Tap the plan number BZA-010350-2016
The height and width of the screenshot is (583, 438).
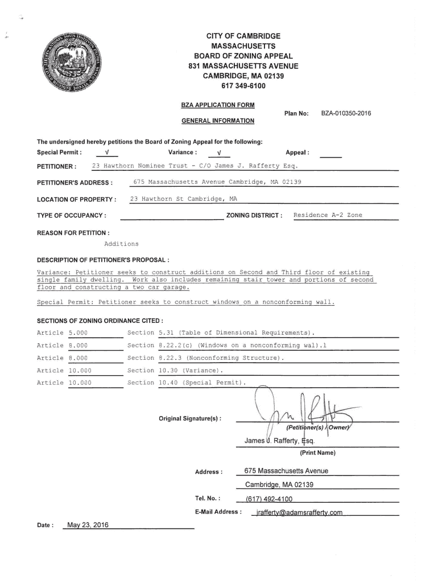tap(346, 113)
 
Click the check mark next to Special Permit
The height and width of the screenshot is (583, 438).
tap(107, 153)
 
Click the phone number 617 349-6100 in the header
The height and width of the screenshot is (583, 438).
tap(243, 86)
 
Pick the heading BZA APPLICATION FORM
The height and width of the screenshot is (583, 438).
tap(218, 105)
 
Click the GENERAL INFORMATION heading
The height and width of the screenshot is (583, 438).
tap(218, 121)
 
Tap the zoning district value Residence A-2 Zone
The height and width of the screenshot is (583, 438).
tap(328, 215)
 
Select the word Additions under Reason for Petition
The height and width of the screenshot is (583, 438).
tap(121, 244)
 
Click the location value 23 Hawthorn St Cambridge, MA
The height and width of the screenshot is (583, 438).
tap(184, 199)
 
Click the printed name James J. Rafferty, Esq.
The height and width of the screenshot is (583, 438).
tap(279, 441)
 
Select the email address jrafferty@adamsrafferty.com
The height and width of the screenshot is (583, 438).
tap(299, 512)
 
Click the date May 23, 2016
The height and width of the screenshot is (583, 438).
tap(88, 524)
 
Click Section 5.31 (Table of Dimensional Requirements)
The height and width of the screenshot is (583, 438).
tap(221, 332)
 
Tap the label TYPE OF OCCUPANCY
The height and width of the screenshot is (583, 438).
tap(71, 215)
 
